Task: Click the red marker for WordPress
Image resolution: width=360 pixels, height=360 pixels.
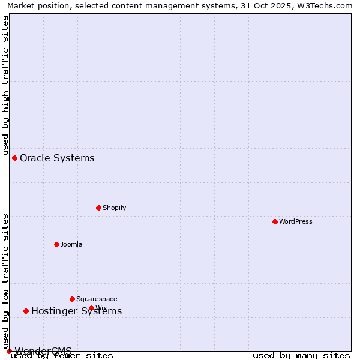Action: [x=275, y=221]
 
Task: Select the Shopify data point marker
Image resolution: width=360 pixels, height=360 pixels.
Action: [x=98, y=208]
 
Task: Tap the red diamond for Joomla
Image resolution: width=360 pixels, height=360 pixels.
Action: [x=56, y=244]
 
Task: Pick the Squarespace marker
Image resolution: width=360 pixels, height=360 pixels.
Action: [x=72, y=299]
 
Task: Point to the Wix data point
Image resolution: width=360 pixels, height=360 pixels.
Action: [x=91, y=308]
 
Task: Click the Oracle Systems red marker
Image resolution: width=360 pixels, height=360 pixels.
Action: [x=14, y=158]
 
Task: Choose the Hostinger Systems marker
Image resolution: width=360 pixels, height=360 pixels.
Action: [x=26, y=311]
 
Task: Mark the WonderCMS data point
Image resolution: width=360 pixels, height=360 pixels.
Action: [x=9, y=351]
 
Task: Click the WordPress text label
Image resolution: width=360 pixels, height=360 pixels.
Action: [x=296, y=221]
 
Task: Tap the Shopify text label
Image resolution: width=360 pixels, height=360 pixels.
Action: [x=114, y=208]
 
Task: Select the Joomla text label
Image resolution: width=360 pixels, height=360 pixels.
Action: [x=71, y=244]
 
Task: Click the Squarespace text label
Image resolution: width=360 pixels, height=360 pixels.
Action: [x=97, y=299]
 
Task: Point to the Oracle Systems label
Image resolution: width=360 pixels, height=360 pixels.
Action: [x=57, y=158]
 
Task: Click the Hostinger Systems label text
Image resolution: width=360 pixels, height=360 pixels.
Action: [x=76, y=311]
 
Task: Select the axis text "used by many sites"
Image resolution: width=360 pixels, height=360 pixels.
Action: [x=301, y=355]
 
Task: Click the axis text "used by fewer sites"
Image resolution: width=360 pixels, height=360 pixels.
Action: [x=62, y=355]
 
